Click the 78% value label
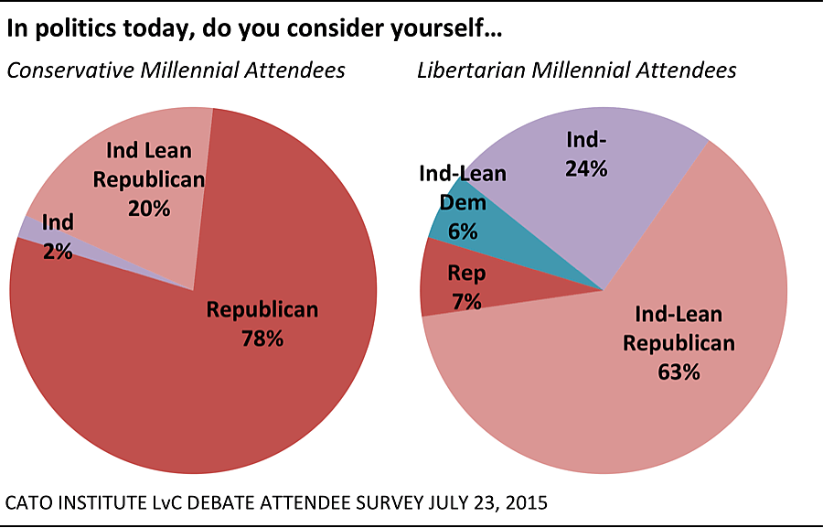click(262, 339)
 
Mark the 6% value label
click(463, 231)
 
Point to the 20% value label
click(148, 208)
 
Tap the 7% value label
click(466, 301)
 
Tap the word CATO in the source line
click(30, 502)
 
